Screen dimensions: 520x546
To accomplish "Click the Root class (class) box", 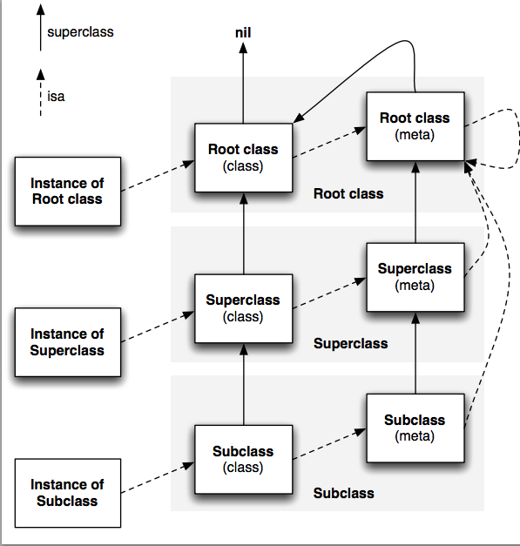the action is click(244, 158).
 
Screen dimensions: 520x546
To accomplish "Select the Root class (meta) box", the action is click(415, 126).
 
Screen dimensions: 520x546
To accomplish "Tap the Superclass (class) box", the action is click(244, 308).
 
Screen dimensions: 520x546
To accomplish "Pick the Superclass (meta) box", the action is click(415, 277).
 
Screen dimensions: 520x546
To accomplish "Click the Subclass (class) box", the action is click(244, 459).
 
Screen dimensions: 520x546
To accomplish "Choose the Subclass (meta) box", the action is click(415, 428).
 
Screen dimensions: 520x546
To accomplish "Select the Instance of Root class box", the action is click(68, 192).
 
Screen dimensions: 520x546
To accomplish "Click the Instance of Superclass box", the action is click(68, 342).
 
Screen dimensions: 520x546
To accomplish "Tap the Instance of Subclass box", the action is click(68, 493).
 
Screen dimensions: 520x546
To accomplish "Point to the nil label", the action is click(243, 33).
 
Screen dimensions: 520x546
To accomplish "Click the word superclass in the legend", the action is click(80, 32).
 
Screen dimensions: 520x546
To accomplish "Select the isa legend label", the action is click(56, 96).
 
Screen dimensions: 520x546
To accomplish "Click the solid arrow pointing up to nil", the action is click(243, 83).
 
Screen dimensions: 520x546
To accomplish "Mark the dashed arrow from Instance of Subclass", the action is click(158, 477).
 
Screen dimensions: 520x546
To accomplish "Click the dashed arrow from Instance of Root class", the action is click(158, 176).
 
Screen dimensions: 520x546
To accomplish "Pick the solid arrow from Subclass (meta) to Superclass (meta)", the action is click(415, 353).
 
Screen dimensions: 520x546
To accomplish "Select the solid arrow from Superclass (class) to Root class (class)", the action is click(244, 233).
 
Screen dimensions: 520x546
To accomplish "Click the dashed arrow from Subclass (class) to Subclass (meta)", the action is click(329, 444).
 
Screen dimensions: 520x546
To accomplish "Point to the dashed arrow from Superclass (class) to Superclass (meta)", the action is click(329, 293).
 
